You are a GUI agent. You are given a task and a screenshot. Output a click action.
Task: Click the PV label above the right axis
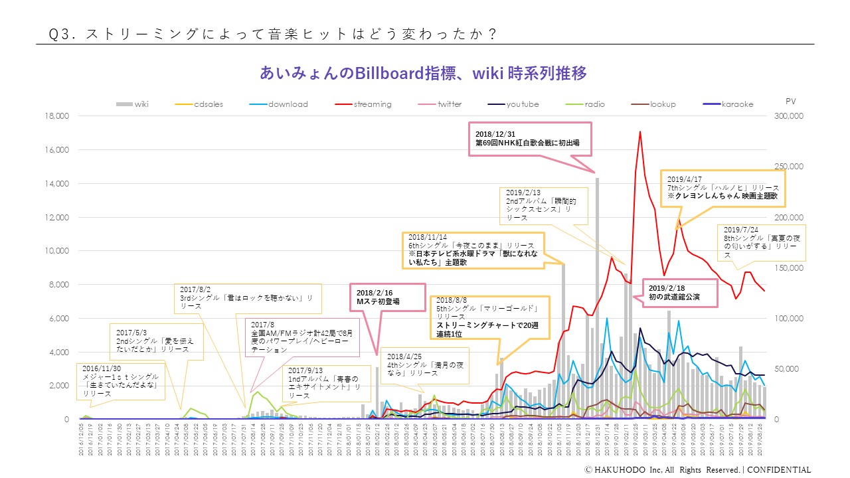point(790,102)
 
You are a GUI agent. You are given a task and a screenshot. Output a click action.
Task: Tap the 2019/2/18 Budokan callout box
point(681,293)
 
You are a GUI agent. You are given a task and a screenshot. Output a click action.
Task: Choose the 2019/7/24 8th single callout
point(762,243)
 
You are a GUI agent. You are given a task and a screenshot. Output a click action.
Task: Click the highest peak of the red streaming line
point(640,131)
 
